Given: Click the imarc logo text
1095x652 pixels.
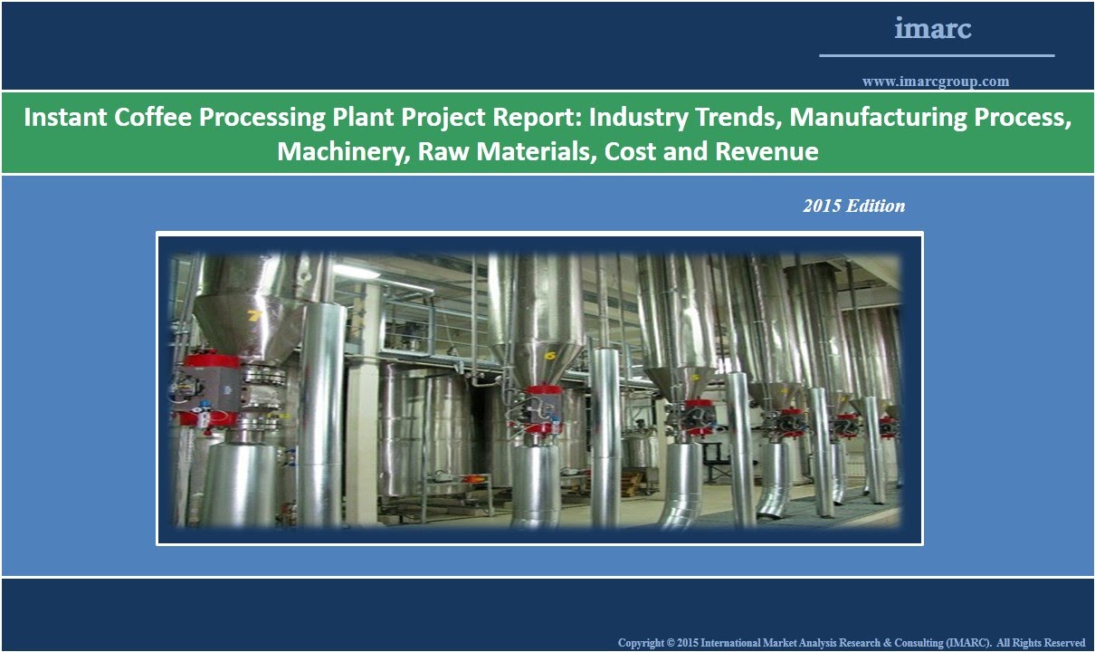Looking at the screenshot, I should pos(933,29).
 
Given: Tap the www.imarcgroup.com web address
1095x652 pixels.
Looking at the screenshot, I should pos(936,81).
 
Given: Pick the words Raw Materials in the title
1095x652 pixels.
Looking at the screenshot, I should pos(507,151).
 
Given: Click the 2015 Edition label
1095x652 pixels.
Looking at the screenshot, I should pos(853,206).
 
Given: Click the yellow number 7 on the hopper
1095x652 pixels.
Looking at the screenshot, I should pos(254,315).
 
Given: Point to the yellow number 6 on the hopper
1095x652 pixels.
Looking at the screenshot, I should pos(549,356).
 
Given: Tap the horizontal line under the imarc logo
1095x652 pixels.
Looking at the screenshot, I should pos(937,56).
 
